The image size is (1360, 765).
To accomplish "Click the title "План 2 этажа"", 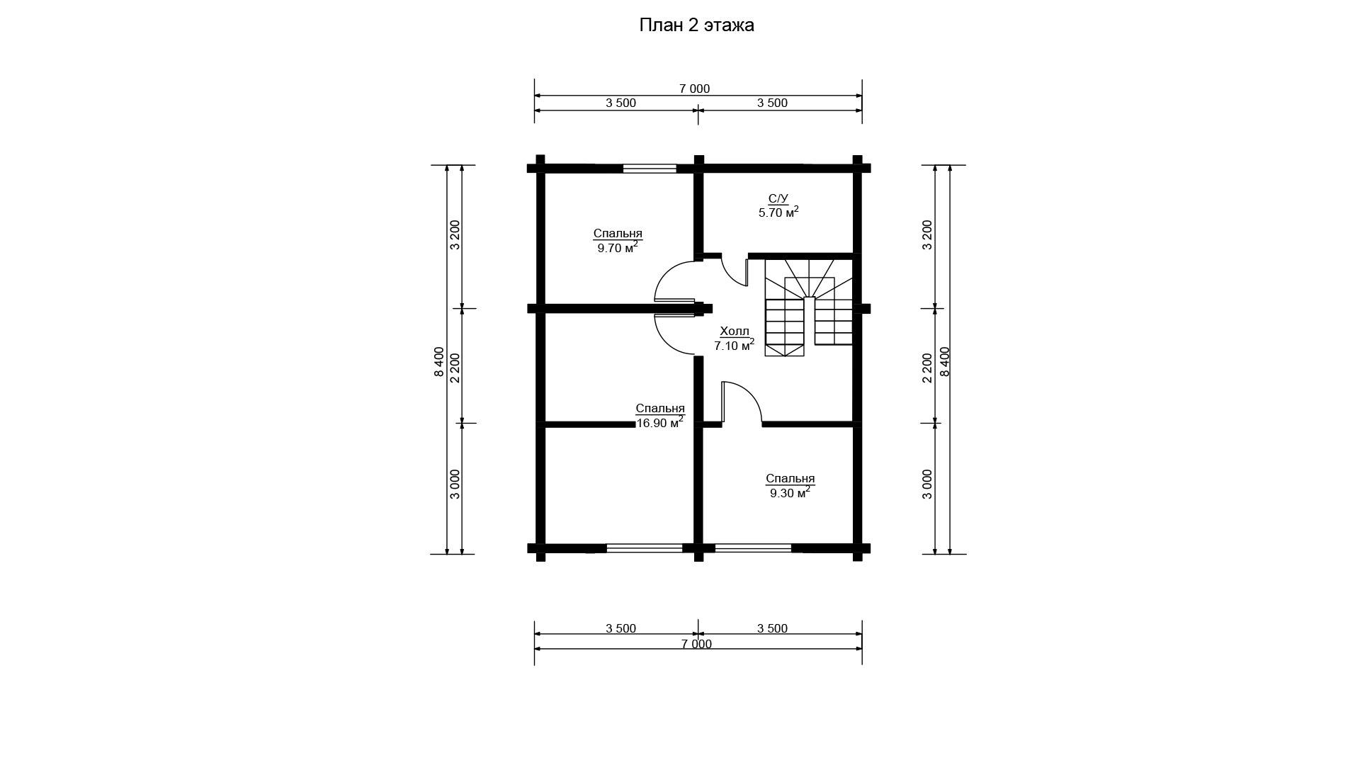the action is pyautogui.click(x=696, y=25).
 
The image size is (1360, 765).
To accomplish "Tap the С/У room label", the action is pyautogui.click(x=778, y=198).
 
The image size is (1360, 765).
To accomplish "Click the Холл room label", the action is pyautogui.click(x=734, y=331).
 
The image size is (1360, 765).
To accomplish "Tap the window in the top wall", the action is pyautogui.click(x=650, y=169).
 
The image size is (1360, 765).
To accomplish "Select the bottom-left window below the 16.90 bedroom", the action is pyautogui.click(x=645, y=548).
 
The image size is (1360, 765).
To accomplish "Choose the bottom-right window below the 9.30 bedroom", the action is pyautogui.click(x=753, y=548).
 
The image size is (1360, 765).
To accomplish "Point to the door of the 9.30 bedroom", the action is pyautogui.click(x=741, y=402).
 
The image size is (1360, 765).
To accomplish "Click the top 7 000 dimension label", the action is pyautogui.click(x=694, y=89).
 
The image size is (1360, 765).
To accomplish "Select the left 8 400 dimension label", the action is pyautogui.click(x=439, y=362).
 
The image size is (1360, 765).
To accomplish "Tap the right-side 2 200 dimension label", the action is pyautogui.click(x=928, y=368).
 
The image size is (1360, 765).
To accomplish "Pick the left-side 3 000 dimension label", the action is pyautogui.click(x=455, y=484).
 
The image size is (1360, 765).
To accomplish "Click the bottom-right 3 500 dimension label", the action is pyautogui.click(x=772, y=628).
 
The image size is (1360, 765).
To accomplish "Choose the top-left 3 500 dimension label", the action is pyautogui.click(x=620, y=103).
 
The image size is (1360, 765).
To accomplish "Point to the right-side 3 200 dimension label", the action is pyautogui.click(x=928, y=234).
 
